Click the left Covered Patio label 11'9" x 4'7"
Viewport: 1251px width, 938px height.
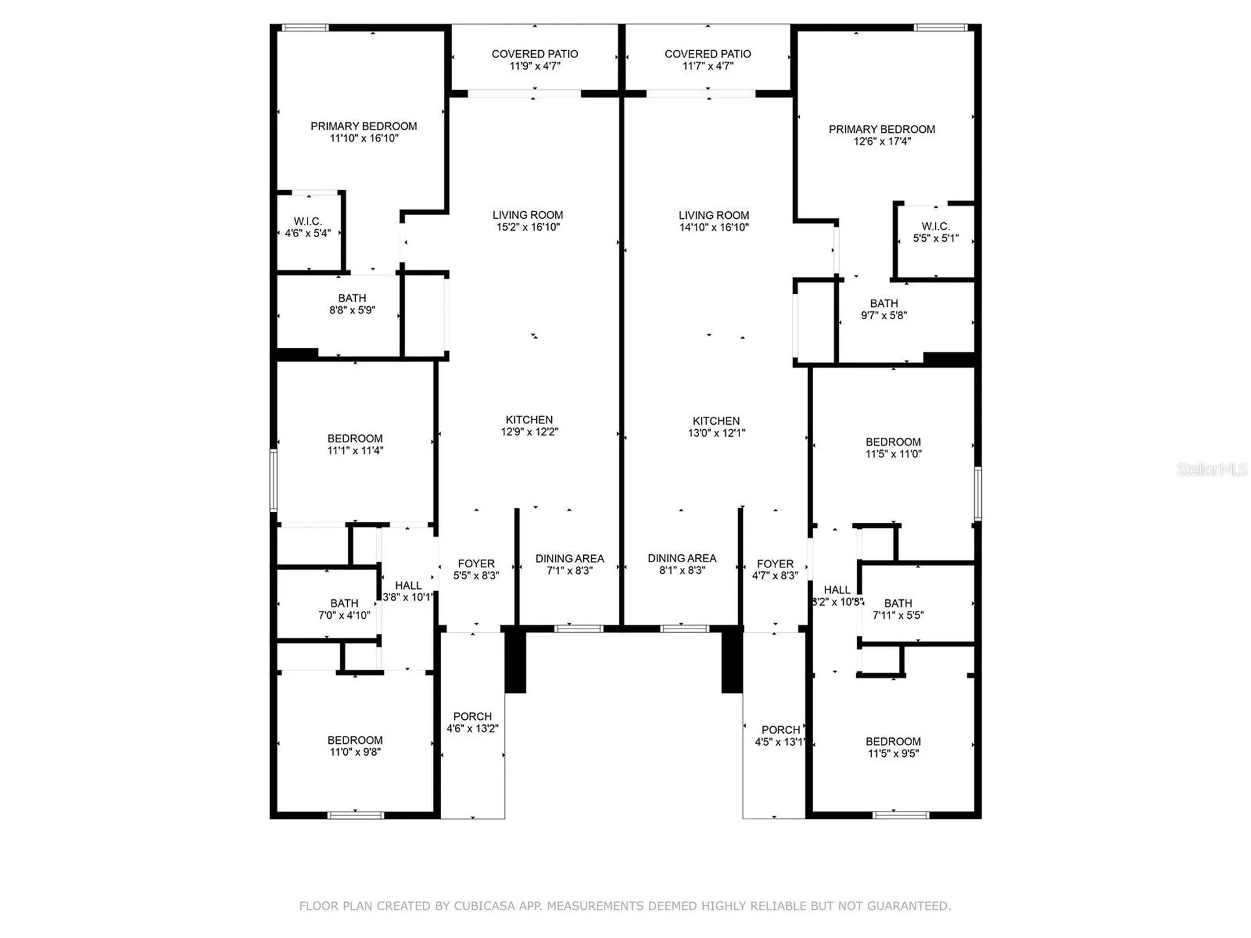tap(535, 60)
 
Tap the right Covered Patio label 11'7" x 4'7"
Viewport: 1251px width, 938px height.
tap(708, 60)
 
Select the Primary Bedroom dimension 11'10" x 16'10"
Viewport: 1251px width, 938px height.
tap(364, 138)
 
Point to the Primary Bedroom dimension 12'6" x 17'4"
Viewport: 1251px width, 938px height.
tap(882, 141)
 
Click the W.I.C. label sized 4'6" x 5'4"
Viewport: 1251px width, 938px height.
tap(308, 227)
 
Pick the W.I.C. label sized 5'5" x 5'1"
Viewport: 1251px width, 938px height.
tap(936, 232)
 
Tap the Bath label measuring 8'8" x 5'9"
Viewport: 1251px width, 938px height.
tap(352, 304)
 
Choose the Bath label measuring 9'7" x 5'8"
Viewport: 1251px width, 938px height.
tap(884, 309)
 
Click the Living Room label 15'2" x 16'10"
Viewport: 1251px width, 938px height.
tap(528, 221)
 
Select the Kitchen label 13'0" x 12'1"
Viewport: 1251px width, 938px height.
tap(716, 427)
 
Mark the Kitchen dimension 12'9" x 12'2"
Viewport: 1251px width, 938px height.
tap(529, 432)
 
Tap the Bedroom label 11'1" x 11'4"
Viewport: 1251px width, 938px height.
tap(355, 444)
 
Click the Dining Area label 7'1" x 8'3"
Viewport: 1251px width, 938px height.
tap(569, 565)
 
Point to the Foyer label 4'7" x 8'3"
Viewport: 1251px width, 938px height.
tap(775, 570)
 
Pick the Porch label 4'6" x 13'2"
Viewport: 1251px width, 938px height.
tap(472, 722)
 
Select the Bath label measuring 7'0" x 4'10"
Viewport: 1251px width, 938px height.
tap(344, 610)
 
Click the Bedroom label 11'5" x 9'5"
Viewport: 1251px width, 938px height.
tap(893, 747)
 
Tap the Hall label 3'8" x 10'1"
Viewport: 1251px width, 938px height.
tap(408, 591)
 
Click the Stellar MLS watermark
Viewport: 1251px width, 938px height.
tap(1212, 469)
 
